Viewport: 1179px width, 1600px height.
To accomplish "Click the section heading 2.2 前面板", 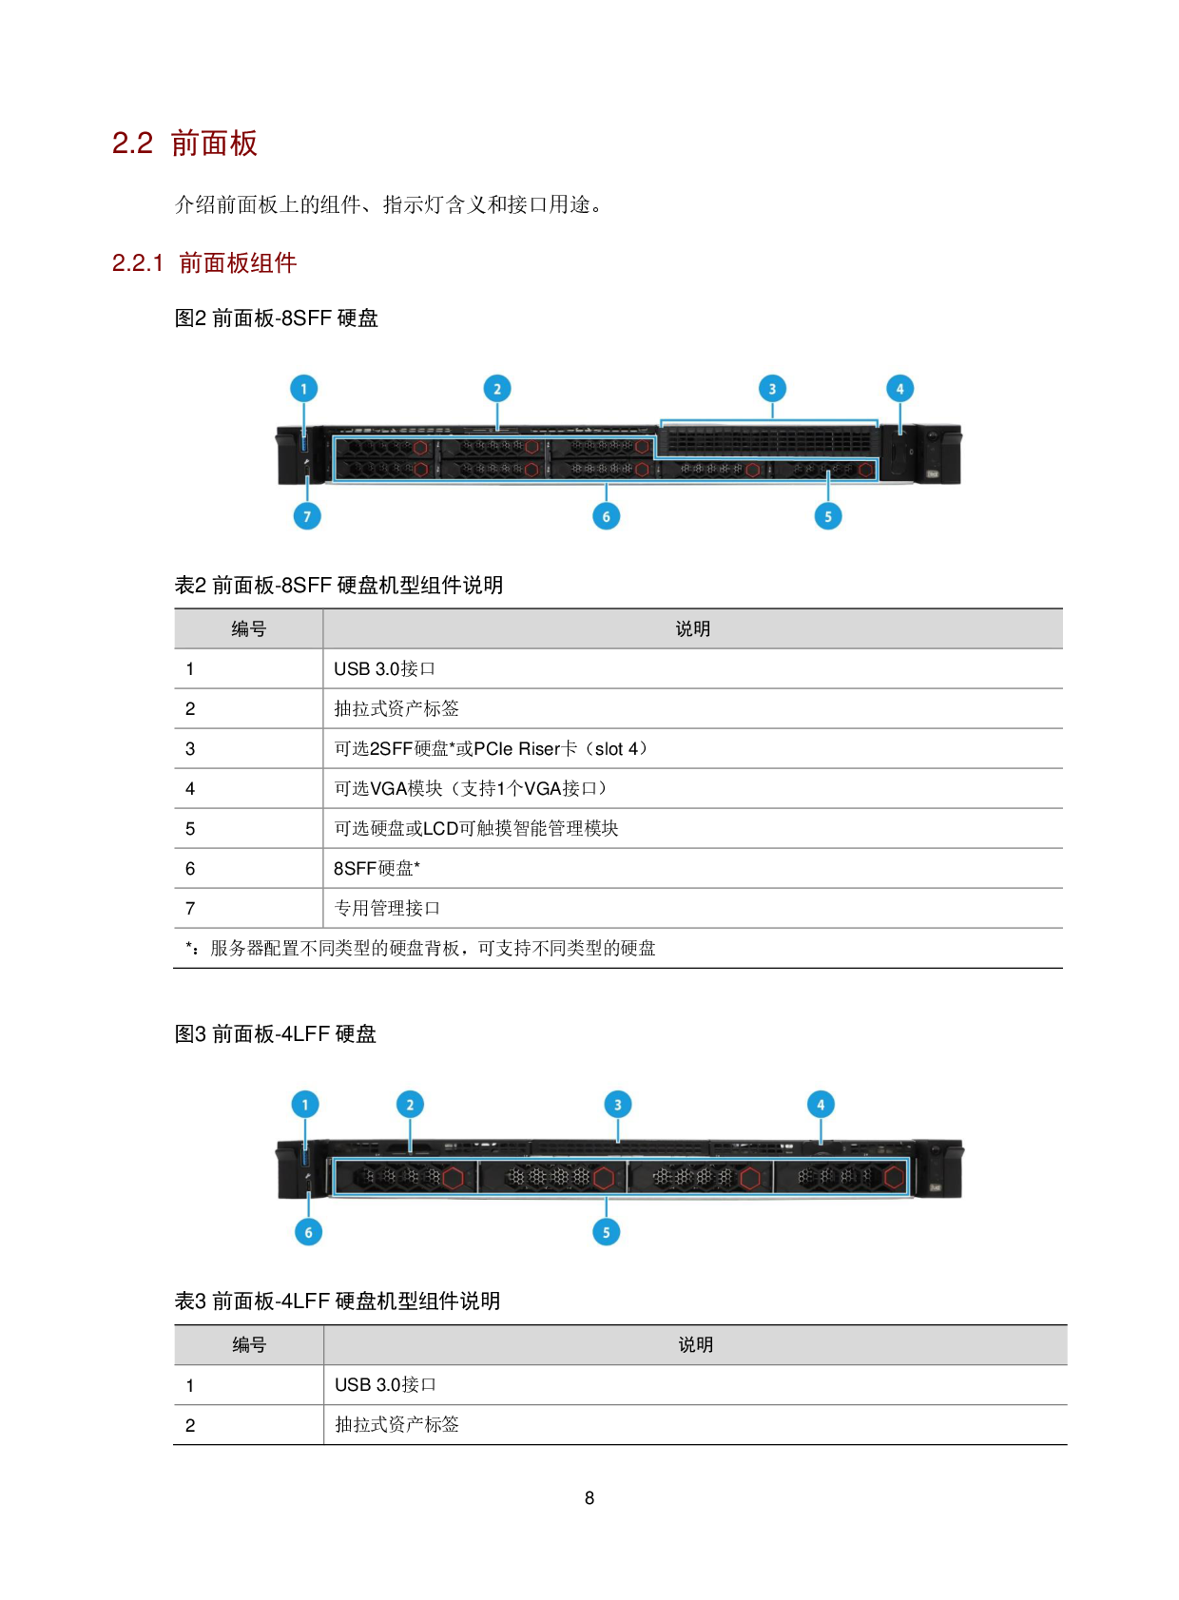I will point(185,144).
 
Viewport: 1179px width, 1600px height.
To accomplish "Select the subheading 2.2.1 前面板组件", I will point(204,263).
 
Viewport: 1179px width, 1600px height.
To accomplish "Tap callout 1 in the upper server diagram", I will point(303,389).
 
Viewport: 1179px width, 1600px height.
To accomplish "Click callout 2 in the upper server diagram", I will point(497,389).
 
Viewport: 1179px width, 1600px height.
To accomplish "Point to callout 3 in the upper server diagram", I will point(772,389).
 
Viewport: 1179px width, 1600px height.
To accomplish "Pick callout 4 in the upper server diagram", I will point(899,389).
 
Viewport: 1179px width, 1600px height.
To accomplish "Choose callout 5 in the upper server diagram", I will point(828,516).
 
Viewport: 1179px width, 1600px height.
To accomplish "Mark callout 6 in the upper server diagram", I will point(606,516).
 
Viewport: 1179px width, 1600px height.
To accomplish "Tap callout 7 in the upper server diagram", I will point(306,516).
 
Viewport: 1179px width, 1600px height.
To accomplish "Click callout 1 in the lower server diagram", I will point(305,1105).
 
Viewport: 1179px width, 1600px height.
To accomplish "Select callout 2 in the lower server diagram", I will point(410,1105).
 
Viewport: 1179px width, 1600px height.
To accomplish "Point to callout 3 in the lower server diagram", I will point(617,1105).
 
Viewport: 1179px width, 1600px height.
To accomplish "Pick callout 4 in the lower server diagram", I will point(821,1105).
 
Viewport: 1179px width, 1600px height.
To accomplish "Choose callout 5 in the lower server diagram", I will point(606,1232).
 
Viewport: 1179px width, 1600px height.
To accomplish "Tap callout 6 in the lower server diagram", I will point(308,1232).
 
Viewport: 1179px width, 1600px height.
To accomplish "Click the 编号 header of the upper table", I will point(249,629).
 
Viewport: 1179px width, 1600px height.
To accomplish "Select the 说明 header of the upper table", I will point(693,629).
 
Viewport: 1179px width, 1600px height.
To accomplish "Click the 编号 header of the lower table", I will point(249,1345).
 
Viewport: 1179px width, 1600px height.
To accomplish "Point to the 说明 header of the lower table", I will point(696,1345).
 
